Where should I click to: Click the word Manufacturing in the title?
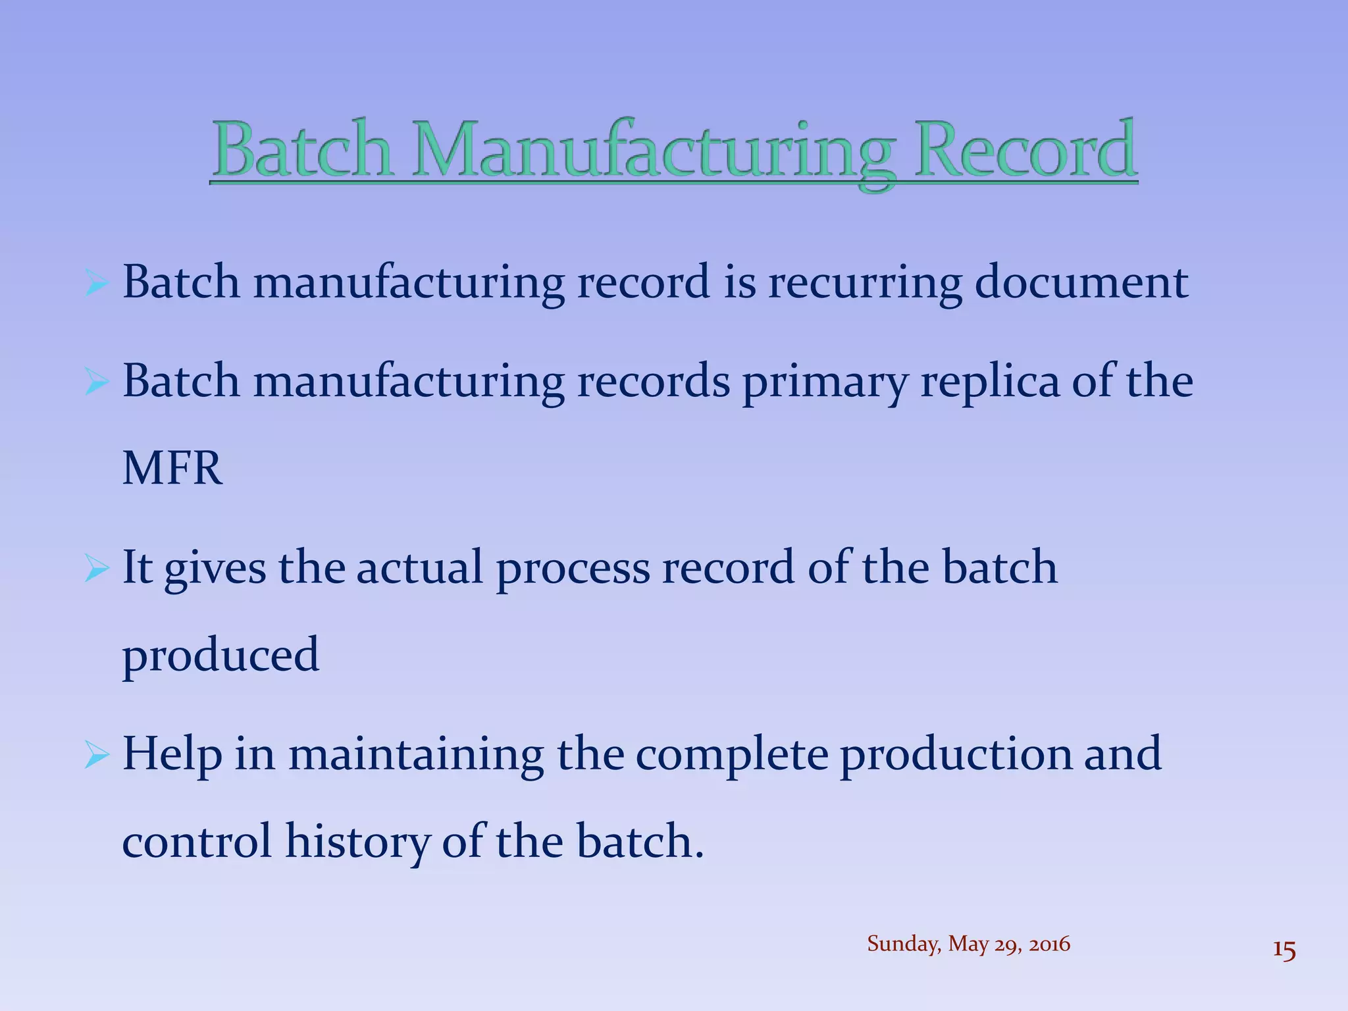[655, 151]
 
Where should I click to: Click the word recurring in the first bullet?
[864, 283]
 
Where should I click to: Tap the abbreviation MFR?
[172, 469]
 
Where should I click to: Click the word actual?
[420, 567]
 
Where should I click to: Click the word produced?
[220, 656]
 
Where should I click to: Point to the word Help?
[172, 754]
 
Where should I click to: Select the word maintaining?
[416, 754]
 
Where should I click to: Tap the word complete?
[731, 754]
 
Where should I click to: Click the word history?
[357, 842]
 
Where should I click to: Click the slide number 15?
[1284, 950]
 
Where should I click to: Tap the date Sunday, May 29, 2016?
[968, 944]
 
